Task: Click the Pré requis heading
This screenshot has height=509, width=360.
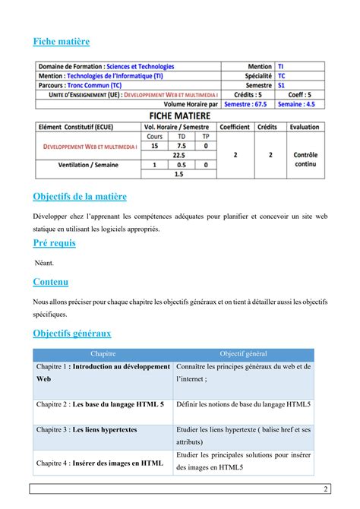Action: pyautogui.click(x=54, y=243)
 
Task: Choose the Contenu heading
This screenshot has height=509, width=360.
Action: pyautogui.click(x=51, y=282)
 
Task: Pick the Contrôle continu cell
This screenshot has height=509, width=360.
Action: pyautogui.click(x=305, y=160)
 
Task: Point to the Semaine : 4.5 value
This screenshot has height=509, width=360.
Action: pyautogui.click(x=302, y=103)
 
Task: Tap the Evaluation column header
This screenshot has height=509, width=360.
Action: pyautogui.click(x=304, y=127)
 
